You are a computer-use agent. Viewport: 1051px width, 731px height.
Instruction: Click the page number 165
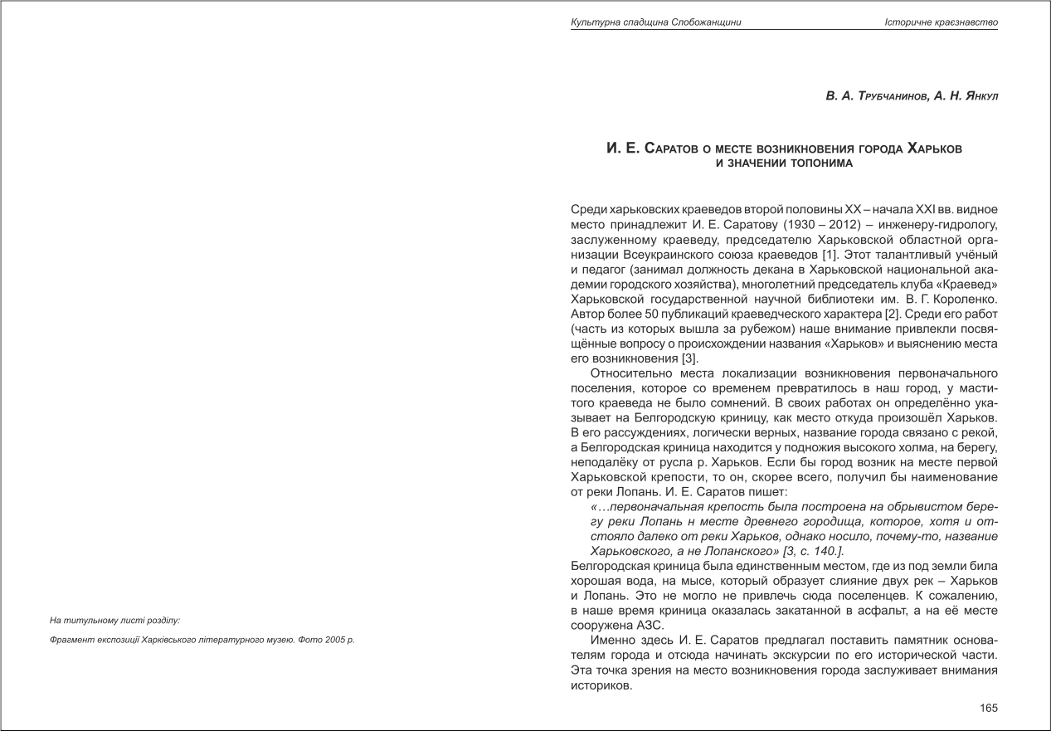click(x=989, y=708)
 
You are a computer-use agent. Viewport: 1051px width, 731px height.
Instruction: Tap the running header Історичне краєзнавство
click(x=941, y=22)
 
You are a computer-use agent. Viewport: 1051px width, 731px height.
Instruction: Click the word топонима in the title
click(x=820, y=163)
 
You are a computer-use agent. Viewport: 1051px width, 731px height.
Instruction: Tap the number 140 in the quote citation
click(x=825, y=551)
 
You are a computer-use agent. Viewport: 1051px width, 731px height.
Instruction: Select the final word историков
click(x=602, y=687)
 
